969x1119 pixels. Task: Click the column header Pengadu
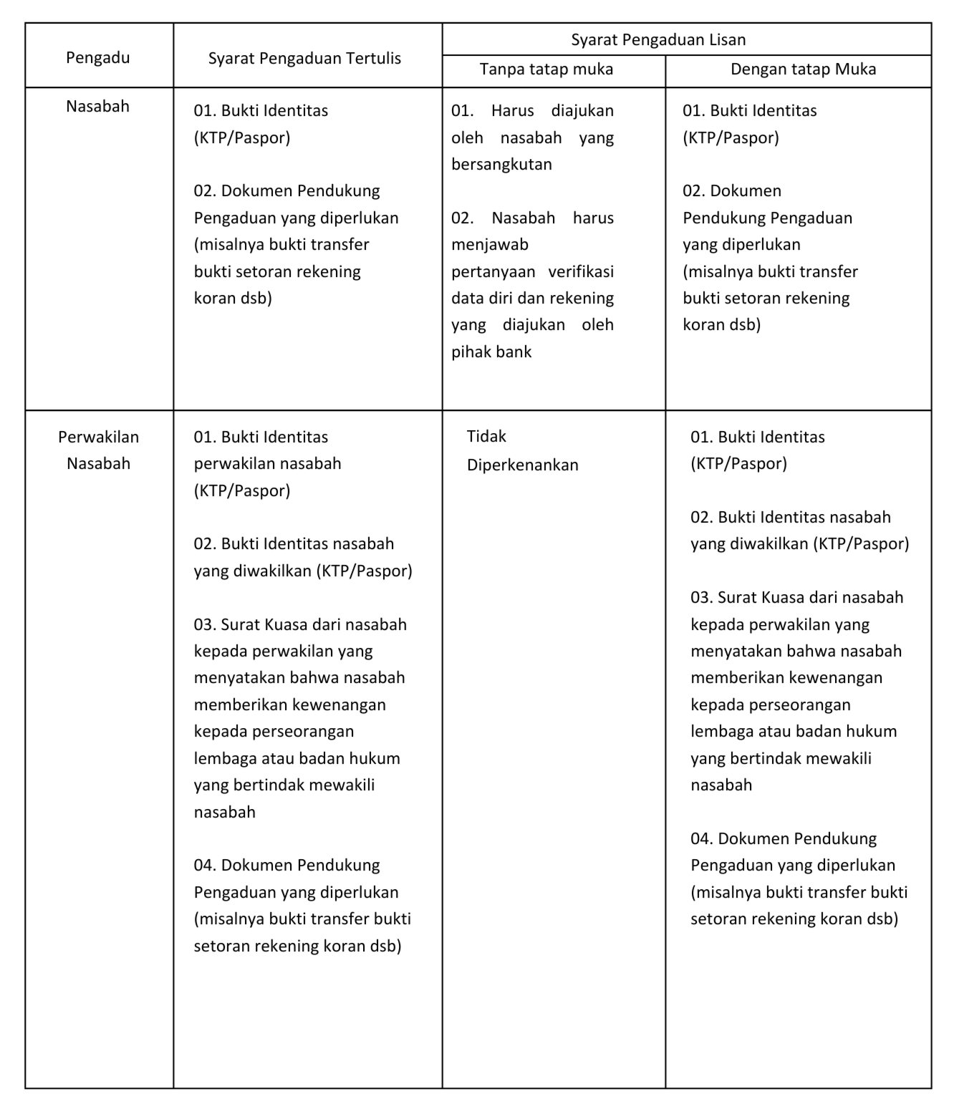[x=98, y=58]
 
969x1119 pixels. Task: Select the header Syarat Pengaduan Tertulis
[x=304, y=59]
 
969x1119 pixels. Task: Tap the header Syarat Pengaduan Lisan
[x=658, y=40]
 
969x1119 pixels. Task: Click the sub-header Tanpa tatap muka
[x=546, y=69]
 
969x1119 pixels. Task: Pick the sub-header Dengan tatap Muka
[x=803, y=69]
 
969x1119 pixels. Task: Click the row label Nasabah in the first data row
[x=98, y=107]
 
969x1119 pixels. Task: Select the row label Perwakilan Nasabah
[x=98, y=450]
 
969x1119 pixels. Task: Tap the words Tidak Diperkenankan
[x=522, y=450]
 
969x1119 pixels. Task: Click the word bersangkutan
[x=501, y=165]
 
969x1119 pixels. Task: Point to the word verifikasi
[x=581, y=272]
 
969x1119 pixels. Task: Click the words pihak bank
[x=491, y=352]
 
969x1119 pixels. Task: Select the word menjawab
[x=490, y=245]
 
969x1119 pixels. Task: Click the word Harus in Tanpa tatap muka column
[x=513, y=111]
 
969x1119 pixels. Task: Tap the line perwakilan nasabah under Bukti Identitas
[x=267, y=464]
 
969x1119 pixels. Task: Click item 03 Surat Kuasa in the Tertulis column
[x=300, y=625]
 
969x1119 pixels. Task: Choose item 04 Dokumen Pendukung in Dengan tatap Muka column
[x=783, y=839]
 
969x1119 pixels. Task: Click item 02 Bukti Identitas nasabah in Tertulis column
[x=294, y=544]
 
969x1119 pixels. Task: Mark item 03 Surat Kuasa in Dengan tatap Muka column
[x=796, y=598]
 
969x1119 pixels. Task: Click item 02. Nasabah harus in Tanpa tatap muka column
[x=532, y=218]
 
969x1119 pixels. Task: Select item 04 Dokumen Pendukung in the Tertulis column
[x=286, y=866]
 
